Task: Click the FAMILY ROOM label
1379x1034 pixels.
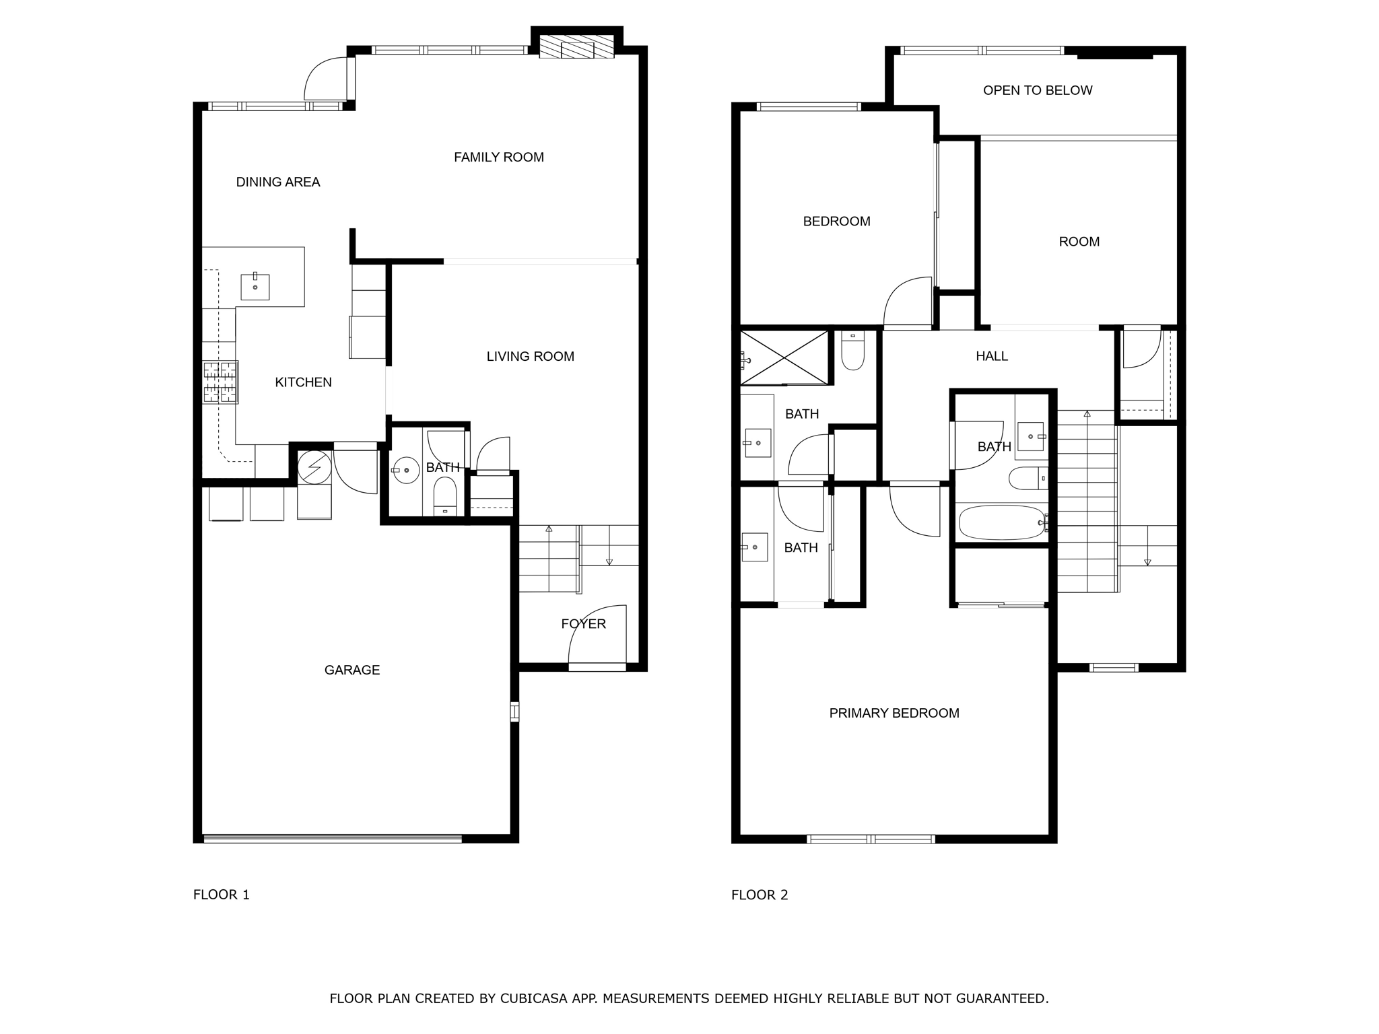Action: click(x=498, y=157)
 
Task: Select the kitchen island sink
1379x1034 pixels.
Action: click(x=255, y=287)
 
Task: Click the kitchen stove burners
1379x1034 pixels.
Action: click(x=220, y=382)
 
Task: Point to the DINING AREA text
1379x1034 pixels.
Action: click(x=277, y=182)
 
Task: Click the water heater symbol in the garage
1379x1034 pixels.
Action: click(x=314, y=467)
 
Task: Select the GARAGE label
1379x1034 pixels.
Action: click(x=351, y=670)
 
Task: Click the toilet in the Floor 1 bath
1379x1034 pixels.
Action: click(x=445, y=497)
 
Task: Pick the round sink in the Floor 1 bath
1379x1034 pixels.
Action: click(x=406, y=471)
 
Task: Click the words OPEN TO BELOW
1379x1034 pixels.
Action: click(x=1037, y=90)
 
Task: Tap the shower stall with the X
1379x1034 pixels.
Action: click(x=784, y=357)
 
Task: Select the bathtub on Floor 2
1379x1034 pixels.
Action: click(x=1001, y=522)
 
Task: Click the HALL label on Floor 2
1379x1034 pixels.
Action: click(x=991, y=356)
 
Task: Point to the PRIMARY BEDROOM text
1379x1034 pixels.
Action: click(x=894, y=713)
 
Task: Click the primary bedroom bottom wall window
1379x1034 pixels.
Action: click(x=871, y=839)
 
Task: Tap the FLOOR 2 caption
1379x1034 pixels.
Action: click(x=759, y=895)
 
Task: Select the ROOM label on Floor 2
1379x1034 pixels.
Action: click(x=1079, y=242)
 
